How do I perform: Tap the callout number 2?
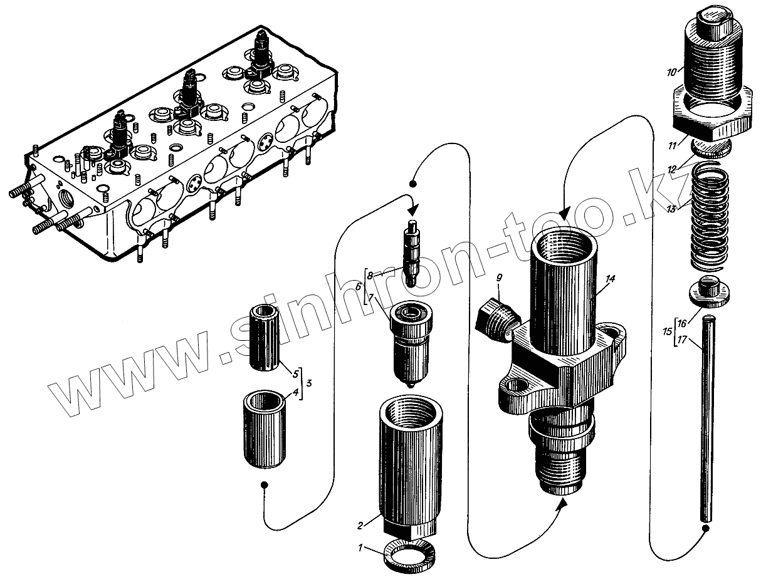[x=360, y=524]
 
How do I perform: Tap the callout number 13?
[x=672, y=209]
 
